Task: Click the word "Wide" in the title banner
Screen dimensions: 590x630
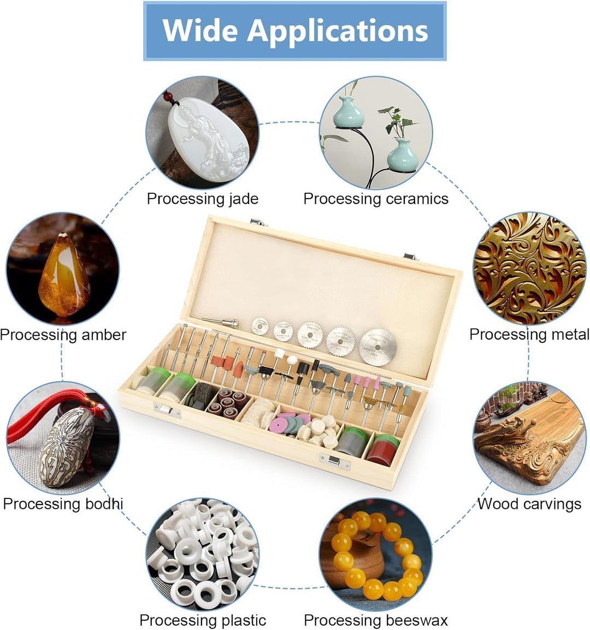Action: (200, 30)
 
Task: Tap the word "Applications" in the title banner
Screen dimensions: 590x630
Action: (338, 31)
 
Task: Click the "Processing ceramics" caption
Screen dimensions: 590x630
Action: (376, 199)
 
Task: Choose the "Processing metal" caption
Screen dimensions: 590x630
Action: (529, 334)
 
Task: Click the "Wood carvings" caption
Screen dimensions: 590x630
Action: (529, 503)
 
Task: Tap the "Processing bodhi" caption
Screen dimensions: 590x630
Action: (63, 503)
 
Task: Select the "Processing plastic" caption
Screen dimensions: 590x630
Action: (203, 620)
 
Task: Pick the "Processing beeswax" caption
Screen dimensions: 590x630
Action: (376, 620)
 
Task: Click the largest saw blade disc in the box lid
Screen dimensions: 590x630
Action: (377, 347)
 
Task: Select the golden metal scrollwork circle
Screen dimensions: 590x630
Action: (529, 268)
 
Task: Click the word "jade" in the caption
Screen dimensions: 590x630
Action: (243, 199)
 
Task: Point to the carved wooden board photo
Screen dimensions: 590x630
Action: (529, 438)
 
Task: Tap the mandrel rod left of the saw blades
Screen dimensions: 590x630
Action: (221, 322)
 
